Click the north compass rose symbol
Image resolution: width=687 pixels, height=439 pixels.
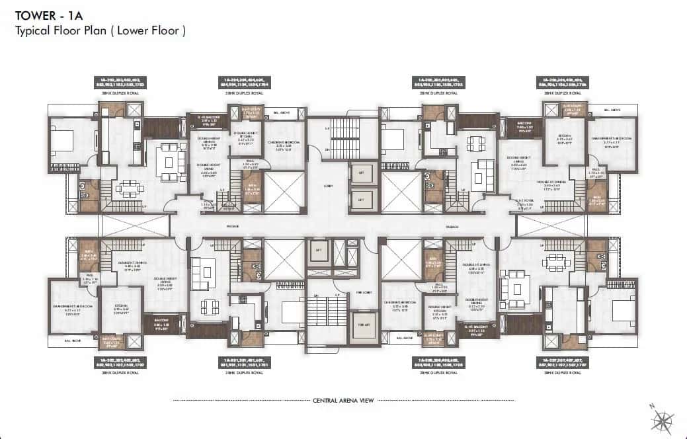(x=663, y=419)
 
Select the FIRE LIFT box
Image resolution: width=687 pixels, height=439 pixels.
(x=363, y=325)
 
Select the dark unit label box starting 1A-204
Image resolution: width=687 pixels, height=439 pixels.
(x=243, y=83)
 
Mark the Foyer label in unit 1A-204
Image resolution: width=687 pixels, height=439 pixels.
(x=210, y=206)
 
